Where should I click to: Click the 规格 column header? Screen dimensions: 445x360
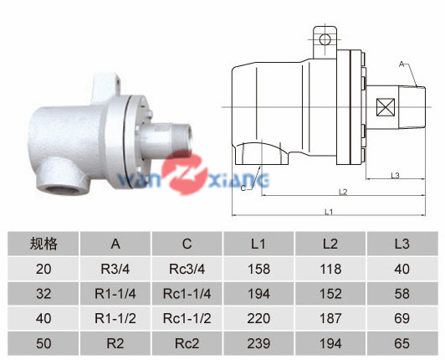point(43,244)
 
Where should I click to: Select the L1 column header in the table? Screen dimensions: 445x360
point(258,244)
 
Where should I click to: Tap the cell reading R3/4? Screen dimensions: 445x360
point(115,269)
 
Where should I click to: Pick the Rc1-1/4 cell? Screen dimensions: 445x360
point(187,294)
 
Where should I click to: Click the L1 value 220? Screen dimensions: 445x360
point(258,318)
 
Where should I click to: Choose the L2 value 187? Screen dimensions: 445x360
point(330,318)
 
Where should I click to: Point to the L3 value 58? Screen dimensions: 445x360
point(402,294)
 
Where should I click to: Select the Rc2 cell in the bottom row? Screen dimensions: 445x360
point(187,343)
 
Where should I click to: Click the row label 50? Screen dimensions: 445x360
point(43,343)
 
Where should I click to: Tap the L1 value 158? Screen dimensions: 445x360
point(258,269)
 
